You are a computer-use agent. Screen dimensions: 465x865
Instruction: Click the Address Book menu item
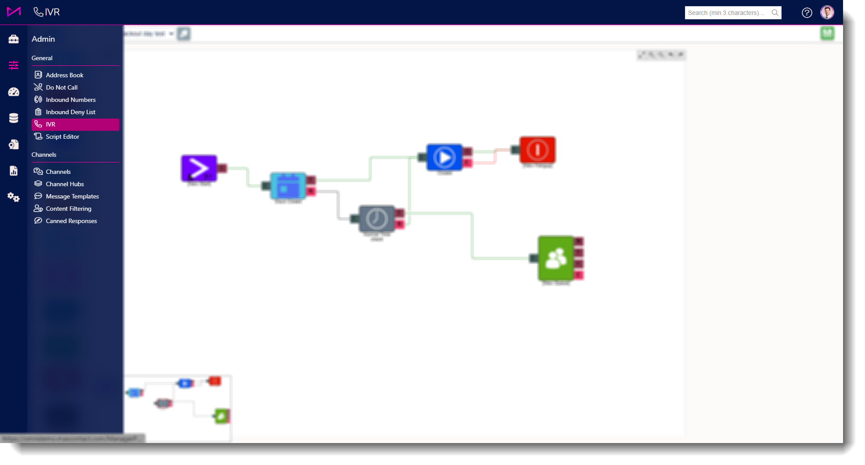(65, 75)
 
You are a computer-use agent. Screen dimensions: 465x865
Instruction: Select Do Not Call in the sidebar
(61, 87)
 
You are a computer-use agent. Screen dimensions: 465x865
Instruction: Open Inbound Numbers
(70, 100)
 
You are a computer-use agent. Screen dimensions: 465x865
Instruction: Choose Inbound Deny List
(70, 112)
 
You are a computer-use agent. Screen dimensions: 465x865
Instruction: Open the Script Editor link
(62, 137)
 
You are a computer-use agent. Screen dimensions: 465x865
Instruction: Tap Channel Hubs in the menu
(65, 184)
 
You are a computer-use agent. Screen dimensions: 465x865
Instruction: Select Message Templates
(72, 196)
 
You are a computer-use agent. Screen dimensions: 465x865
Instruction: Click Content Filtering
(68, 209)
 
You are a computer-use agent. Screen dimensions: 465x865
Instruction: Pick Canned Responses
(71, 221)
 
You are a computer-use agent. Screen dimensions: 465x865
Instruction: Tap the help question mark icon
(807, 13)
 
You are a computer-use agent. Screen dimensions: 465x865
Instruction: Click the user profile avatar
(827, 12)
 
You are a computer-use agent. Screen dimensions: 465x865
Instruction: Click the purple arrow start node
(199, 168)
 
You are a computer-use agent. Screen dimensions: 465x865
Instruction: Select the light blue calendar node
(288, 186)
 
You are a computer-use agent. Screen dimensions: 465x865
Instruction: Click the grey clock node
(377, 219)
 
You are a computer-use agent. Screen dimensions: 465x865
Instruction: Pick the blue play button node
(444, 157)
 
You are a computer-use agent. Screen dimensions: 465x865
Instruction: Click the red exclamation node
(537, 150)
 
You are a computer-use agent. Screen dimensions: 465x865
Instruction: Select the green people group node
(556, 258)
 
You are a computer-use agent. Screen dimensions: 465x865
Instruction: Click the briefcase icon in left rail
(14, 39)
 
